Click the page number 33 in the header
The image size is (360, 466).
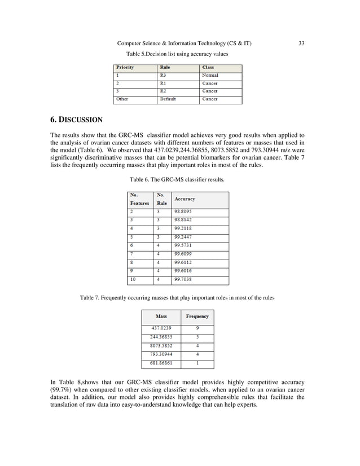(x=301, y=43)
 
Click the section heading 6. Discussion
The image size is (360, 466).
(x=77, y=120)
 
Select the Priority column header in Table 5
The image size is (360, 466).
(x=125, y=67)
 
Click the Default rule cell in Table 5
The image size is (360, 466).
(x=168, y=99)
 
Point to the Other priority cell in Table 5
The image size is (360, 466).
(x=122, y=99)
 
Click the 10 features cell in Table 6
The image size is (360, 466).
(x=133, y=279)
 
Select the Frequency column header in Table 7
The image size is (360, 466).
(x=197, y=316)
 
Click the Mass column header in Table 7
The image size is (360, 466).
(x=161, y=316)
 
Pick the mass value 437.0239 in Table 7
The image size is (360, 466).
(x=161, y=328)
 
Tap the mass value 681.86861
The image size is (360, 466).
(x=161, y=363)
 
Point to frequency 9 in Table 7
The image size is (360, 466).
(x=197, y=328)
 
